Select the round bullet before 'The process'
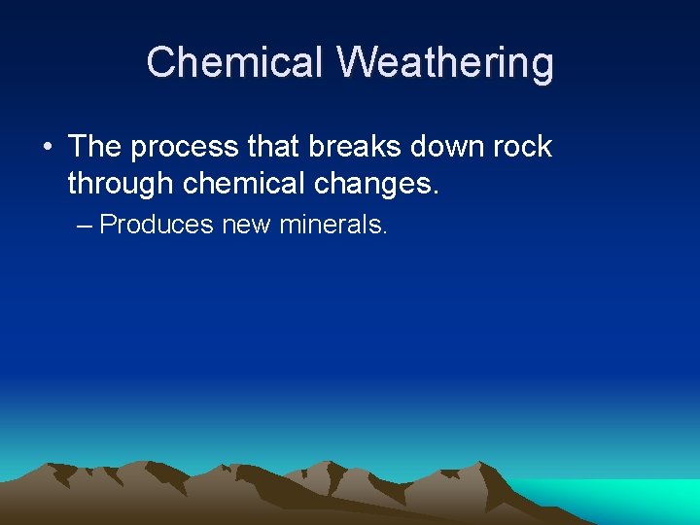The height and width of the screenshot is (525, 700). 48,148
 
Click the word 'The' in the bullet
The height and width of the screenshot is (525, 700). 94,147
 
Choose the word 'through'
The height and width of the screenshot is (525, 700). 122,184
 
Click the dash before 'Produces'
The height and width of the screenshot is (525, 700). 84,226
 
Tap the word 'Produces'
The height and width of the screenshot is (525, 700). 157,225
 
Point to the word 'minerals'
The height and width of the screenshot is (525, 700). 331,225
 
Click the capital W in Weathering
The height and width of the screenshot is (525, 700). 358,62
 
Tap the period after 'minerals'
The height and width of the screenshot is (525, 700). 385,232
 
